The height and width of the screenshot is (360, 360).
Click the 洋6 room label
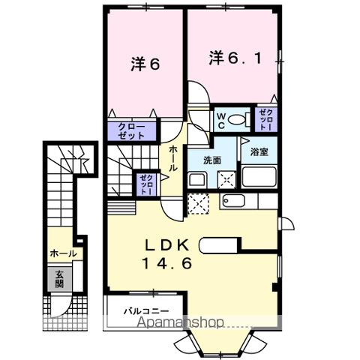click(x=145, y=64)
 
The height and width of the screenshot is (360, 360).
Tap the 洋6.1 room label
click(x=235, y=57)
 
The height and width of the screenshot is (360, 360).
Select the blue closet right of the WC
click(x=265, y=118)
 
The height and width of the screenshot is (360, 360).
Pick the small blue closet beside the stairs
click(x=144, y=183)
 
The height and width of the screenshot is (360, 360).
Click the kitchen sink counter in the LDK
click(x=239, y=200)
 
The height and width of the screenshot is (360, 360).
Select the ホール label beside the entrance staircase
click(x=62, y=253)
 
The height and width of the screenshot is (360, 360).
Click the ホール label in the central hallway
click(x=172, y=158)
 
